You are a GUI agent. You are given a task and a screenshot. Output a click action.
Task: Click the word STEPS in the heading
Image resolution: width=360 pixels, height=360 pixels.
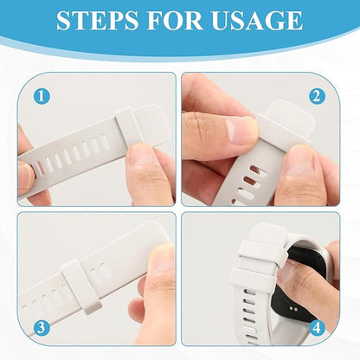click(97, 20)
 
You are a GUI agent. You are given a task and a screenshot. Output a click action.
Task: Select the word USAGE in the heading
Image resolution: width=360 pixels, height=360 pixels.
click(257, 20)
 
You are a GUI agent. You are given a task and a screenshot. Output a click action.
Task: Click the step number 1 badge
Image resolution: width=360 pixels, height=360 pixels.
click(42, 96)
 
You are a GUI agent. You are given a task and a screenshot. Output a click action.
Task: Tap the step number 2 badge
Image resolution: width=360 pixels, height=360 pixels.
click(317, 96)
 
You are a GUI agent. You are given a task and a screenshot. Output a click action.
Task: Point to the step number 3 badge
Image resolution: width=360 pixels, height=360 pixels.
click(42, 328)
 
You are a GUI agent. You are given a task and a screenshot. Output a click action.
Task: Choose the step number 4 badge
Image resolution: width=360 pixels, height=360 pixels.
click(317, 328)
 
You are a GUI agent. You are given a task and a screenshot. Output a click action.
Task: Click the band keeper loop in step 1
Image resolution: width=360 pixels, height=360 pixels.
click(129, 126)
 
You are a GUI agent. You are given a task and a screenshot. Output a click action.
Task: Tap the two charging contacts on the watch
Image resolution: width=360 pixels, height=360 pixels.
click(293, 309)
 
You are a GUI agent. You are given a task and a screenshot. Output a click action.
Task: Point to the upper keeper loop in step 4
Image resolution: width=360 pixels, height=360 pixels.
click(262, 254)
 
